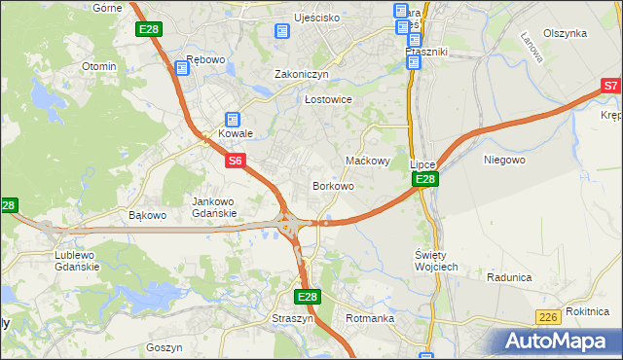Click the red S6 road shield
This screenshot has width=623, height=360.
(x=236, y=162)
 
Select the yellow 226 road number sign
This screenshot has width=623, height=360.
(x=548, y=317)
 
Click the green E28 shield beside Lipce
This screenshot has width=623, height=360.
(x=424, y=180)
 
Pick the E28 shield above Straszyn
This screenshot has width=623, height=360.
(x=307, y=297)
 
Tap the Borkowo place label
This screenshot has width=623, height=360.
(x=333, y=185)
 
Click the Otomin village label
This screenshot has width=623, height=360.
(x=99, y=67)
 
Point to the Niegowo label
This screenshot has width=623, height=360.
(x=504, y=159)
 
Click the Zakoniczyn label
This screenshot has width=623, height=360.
(x=302, y=74)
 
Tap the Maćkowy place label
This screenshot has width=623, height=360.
(x=369, y=161)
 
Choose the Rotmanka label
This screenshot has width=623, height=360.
(x=370, y=318)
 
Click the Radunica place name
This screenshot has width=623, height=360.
(x=509, y=277)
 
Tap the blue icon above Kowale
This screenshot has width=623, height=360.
(x=233, y=120)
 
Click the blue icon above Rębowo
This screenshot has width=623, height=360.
(x=181, y=68)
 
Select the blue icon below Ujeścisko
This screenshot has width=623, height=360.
(x=282, y=31)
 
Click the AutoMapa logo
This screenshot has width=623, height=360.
(x=559, y=342)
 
